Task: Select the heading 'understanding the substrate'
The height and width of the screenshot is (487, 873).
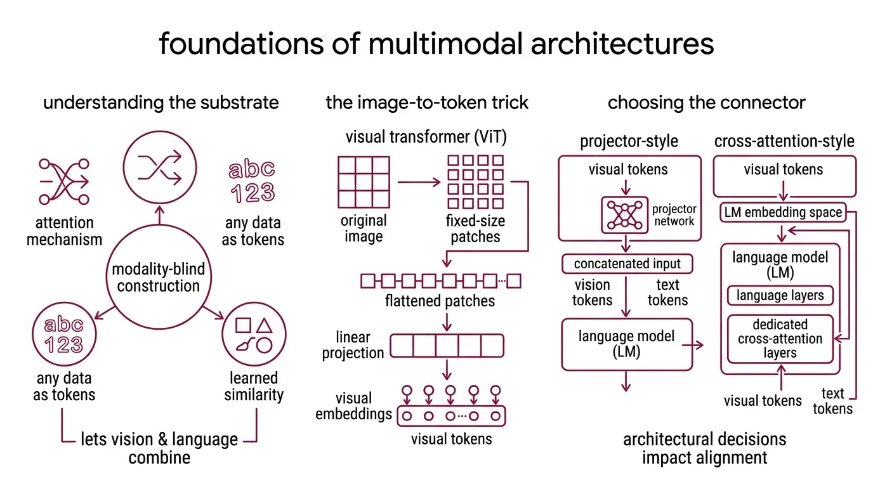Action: tap(161, 102)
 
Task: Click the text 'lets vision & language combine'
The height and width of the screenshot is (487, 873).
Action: tap(159, 448)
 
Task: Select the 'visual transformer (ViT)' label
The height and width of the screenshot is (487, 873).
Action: tap(426, 136)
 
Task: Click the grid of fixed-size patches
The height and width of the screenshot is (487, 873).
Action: tap(475, 183)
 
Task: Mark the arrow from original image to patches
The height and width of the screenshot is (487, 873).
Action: tap(419, 183)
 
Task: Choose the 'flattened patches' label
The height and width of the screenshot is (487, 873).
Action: tap(440, 300)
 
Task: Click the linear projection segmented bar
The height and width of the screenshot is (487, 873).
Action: tap(447, 346)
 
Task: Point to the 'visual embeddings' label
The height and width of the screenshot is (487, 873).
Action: tap(353, 406)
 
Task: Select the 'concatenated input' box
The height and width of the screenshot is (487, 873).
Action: tap(627, 263)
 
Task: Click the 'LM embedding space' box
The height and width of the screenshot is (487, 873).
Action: tap(784, 213)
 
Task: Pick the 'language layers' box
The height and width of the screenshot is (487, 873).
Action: tap(780, 295)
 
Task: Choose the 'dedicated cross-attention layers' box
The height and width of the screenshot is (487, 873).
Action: tap(780, 339)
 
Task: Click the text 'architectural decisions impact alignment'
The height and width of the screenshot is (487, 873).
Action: tap(704, 448)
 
